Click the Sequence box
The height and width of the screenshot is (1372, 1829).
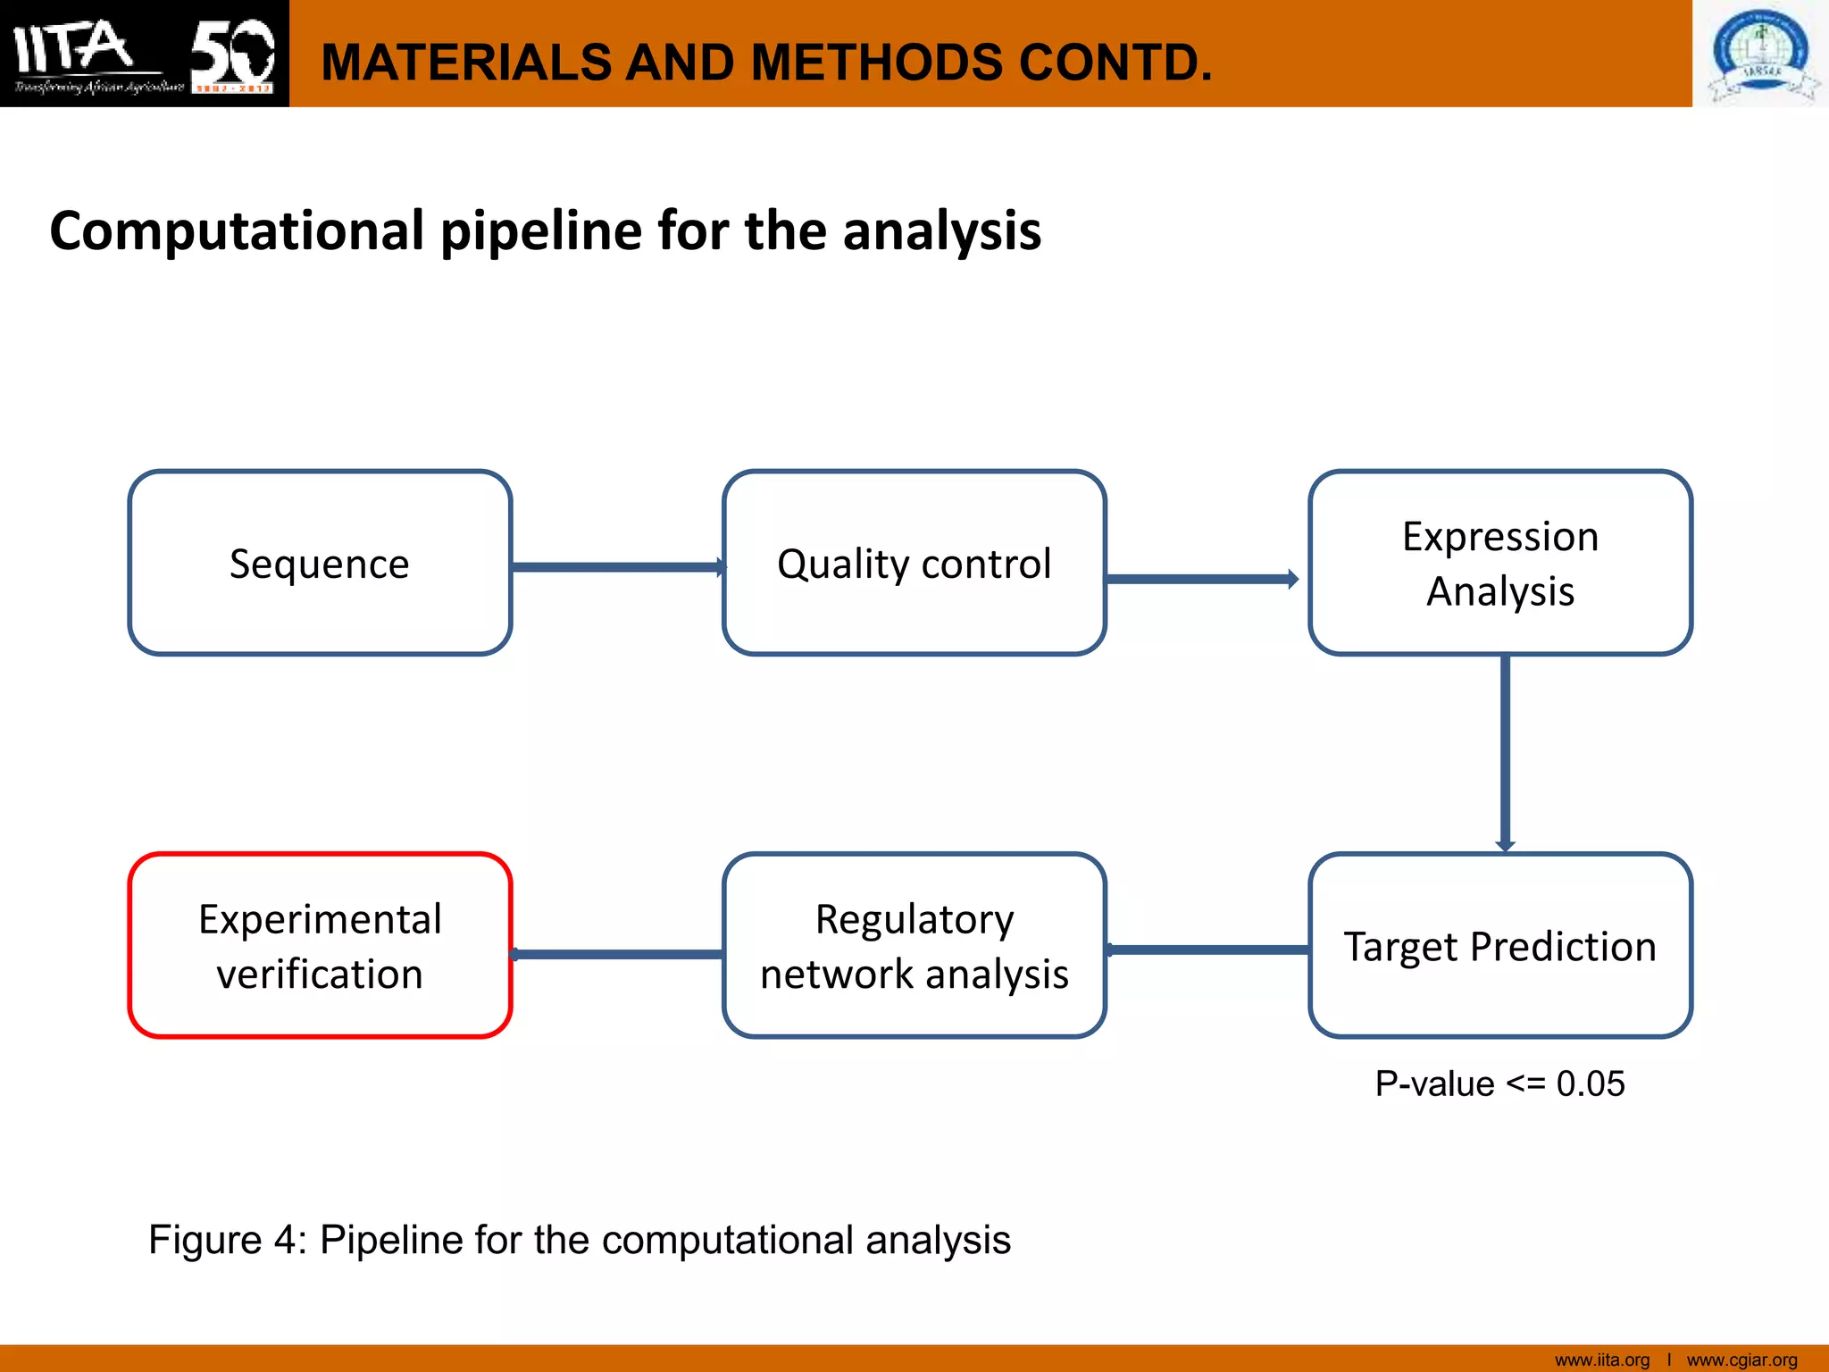[320, 564]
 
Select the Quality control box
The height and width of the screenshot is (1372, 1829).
[914, 564]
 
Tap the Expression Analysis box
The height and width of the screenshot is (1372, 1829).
[1500, 564]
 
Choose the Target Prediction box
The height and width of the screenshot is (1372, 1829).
[1500, 946]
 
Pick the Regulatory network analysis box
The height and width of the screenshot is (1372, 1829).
[914, 946]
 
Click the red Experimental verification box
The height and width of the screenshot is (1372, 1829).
[320, 946]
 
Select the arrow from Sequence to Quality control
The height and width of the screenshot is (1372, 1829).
[616, 567]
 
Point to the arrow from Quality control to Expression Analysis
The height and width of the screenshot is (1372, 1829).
[1201, 579]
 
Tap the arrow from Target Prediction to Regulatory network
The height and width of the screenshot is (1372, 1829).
[1207, 950]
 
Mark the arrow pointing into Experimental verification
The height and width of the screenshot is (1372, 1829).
[616, 954]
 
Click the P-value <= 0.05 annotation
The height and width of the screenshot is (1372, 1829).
[1499, 1083]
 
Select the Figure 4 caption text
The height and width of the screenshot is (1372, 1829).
[580, 1240]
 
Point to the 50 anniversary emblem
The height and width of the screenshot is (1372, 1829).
[232, 54]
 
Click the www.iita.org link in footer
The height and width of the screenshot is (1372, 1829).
[1602, 1359]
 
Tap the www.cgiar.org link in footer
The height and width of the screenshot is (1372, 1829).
[1741, 1359]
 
